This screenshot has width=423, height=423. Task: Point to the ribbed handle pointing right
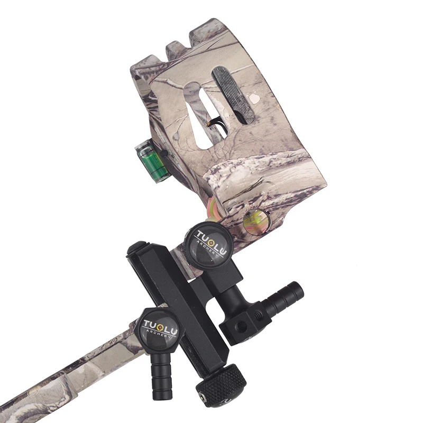[286, 299]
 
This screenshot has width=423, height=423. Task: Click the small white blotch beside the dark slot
[255, 99]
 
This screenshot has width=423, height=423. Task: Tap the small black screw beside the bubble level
[164, 153]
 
